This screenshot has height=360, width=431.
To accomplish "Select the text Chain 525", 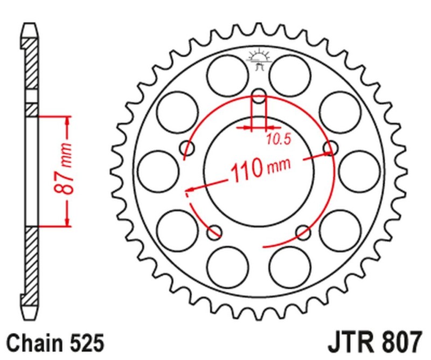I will coord(53,343).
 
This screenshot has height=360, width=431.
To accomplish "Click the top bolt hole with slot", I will coord(259,100).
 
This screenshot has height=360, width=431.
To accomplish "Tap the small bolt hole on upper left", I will coord(189,148).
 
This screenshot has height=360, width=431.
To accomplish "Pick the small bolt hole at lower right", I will coord(304,232).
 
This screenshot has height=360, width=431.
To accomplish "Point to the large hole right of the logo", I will coord(291,74).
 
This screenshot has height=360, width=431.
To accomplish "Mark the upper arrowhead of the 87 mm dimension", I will coord(67,121).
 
